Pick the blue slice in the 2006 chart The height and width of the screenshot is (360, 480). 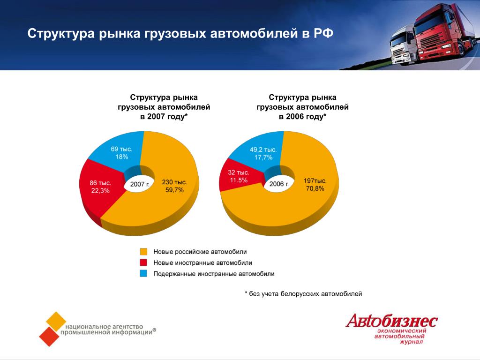(x=260, y=151)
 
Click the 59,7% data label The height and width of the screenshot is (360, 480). (x=174, y=190)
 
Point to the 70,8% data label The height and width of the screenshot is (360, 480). (x=315, y=188)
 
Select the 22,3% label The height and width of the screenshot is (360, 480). (x=100, y=191)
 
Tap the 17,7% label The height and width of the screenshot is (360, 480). (x=263, y=157)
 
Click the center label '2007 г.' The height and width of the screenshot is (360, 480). (x=140, y=184)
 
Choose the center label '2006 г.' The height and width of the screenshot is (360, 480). (x=279, y=184)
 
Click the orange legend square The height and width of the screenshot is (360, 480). (x=143, y=252)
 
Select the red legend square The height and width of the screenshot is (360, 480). (x=143, y=262)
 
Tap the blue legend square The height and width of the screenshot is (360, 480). (x=143, y=273)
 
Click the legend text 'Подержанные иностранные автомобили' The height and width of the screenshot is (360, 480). (x=214, y=274)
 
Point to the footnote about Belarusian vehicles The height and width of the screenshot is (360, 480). (x=303, y=294)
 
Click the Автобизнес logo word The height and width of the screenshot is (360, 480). (x=392, y=321)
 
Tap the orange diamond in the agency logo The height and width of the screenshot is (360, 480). (x=56, y=322)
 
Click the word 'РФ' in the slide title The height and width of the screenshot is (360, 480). (x=323, y=33)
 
